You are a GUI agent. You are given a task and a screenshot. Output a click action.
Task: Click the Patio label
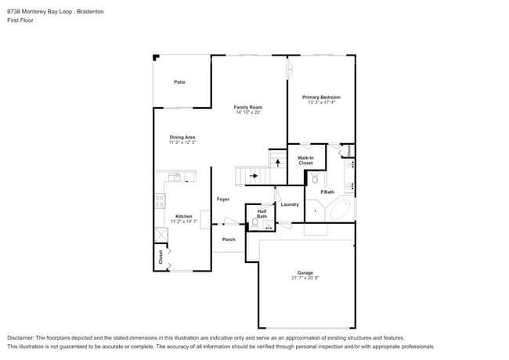(x=179, y=81)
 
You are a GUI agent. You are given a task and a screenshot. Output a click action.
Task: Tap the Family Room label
(x=247, y=107)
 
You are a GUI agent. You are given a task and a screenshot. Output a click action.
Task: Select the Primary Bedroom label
(x=321, y=97)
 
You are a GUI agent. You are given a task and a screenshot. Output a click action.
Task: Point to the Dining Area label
(x=182, y=137)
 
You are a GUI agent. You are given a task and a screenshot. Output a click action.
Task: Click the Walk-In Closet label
(x=305, y=160)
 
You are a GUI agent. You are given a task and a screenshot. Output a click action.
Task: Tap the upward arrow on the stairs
(x=275, y=161)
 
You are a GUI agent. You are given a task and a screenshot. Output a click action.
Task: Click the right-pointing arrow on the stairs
(x=253, y=176)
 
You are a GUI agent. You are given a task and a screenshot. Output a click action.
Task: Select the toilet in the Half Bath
(x=255, y=223)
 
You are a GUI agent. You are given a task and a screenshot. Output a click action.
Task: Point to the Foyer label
(x=223, y=200)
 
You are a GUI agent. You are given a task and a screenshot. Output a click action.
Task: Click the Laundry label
(x=289, y=204)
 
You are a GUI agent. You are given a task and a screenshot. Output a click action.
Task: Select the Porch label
(x=229, y=239)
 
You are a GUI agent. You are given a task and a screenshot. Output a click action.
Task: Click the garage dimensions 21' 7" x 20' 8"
(x=305, y=278)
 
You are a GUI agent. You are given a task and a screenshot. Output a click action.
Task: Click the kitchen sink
(x=174, y=177)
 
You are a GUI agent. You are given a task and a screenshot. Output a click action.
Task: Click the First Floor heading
(x=20, y=21)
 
